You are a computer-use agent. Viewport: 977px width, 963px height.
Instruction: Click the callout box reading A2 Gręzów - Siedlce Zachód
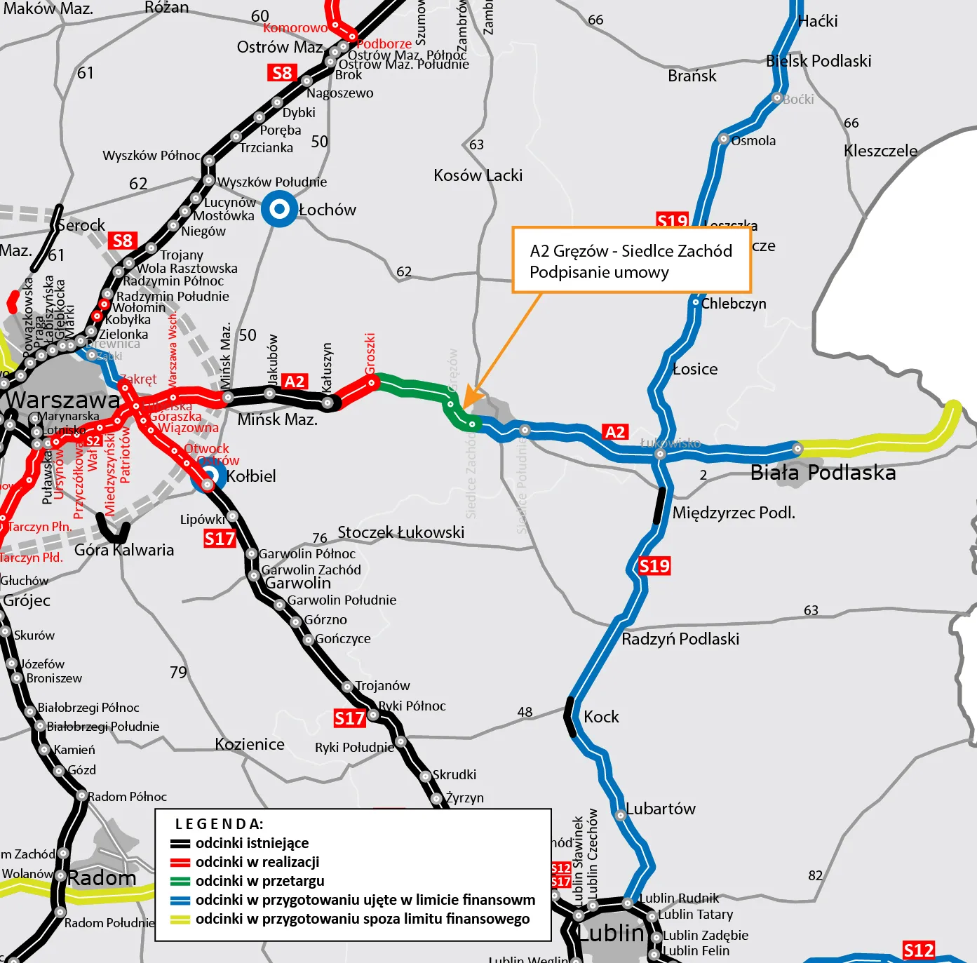click(631, 260)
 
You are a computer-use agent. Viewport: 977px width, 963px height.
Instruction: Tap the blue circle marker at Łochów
click(280, 209)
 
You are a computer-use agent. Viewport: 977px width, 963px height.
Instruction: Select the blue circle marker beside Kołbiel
click(208, 477)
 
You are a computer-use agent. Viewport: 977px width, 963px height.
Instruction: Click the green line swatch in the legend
click(180, 882)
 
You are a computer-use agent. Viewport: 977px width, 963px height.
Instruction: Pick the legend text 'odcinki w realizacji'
click(257, 862)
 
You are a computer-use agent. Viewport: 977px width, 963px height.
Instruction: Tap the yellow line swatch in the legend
click(180, 920)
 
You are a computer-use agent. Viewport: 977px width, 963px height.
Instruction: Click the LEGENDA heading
click(219, 824)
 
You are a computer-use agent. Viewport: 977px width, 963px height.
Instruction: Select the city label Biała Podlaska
click(823, 473)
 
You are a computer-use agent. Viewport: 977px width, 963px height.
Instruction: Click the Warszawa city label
click(63, 400)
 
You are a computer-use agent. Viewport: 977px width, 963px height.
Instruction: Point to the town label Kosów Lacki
click(478, 175)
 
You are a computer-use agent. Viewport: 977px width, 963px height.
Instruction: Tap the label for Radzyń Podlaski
click(680, 639)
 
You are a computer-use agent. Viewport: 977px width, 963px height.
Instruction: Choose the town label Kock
click(601, 717)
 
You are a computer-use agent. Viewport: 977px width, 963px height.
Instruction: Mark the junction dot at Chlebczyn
click(695, 303)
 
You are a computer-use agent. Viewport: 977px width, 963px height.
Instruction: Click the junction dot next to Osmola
click(724, 139)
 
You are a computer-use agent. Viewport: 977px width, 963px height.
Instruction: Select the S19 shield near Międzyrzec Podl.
click(654, 566)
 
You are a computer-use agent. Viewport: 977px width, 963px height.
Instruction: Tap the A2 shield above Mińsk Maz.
click(295, 382)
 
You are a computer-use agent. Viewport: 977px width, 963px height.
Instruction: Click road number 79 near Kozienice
click(178, 673)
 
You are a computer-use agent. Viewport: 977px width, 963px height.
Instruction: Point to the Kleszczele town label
click(880, 151)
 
